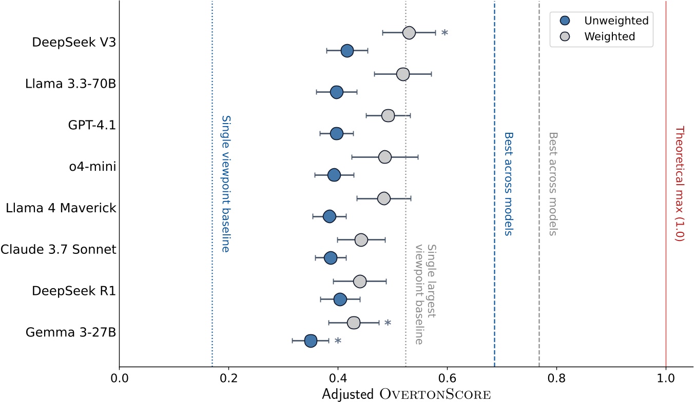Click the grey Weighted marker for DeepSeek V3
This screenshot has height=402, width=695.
pyautogui.click(x=409, y=33)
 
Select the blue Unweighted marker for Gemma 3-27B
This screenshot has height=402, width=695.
pyautogui.click(x=311, y=341)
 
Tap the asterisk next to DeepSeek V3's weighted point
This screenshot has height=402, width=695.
pyautogui.click(x=445, y=33)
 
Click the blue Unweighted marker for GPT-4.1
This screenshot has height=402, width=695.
pyautogui.click(x=337, y=134)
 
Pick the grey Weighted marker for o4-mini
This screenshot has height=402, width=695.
pyautogui.click(x=385, y=157)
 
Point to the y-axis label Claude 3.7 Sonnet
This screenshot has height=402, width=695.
pyautogui.click(x=59, y=250)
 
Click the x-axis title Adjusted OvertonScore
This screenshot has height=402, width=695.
pyautogui.click(x=406, y=394)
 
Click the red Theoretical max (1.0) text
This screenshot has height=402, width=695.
pyautogui.click(x=680, y=184)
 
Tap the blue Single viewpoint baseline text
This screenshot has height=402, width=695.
pyautogui.click(x=225, y=184)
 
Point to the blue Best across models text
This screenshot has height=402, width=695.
pyautogui.click(x=508, y=184)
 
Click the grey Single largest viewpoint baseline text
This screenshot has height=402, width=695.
pyautogui.click(x=426, y=293)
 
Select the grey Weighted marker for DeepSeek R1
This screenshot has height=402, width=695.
pyautogui.click(x=360, y=282)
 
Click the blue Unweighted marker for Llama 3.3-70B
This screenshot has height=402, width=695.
pyautogui.click(x=337, y=92)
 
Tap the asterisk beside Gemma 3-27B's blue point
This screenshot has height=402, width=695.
pyautogui.click(x=338, y=341)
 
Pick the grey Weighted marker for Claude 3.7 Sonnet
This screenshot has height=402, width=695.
pyautogui.click(x=361, y=240)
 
